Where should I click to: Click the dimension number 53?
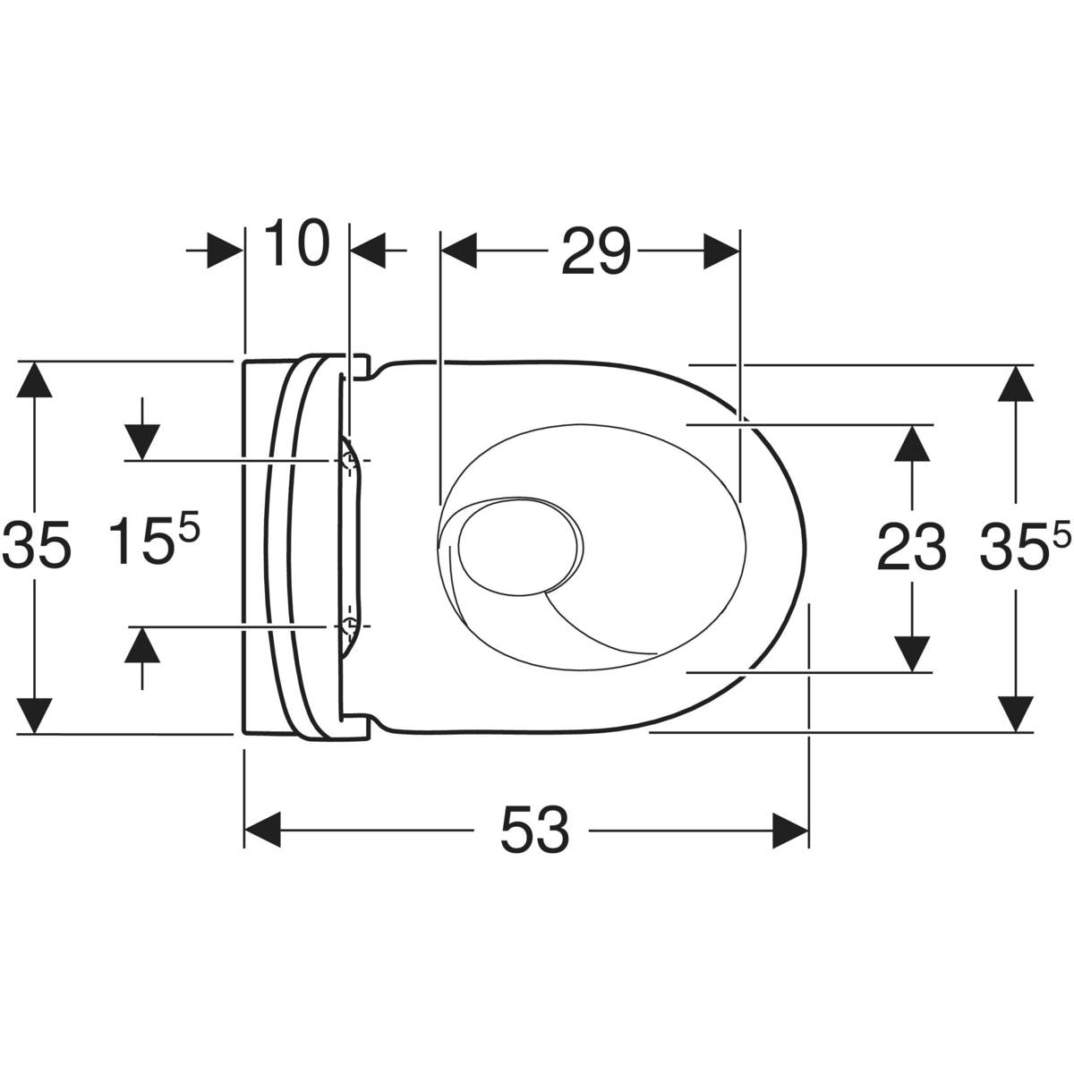534,830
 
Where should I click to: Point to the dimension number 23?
911,547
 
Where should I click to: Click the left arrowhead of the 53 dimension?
264,830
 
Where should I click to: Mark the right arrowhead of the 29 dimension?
721,251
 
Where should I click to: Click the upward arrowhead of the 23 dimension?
912,443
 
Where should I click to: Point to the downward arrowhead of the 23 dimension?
912,652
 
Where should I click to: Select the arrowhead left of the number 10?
225,251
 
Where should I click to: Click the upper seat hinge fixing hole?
348,461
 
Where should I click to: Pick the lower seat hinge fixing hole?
348,625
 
